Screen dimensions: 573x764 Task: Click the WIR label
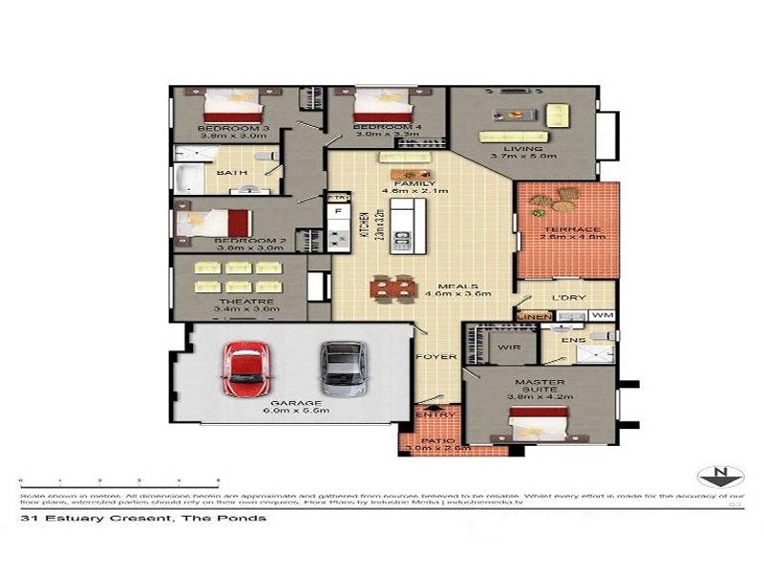(x=508, y=348)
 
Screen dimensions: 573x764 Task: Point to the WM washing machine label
(x=601, y=315)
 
